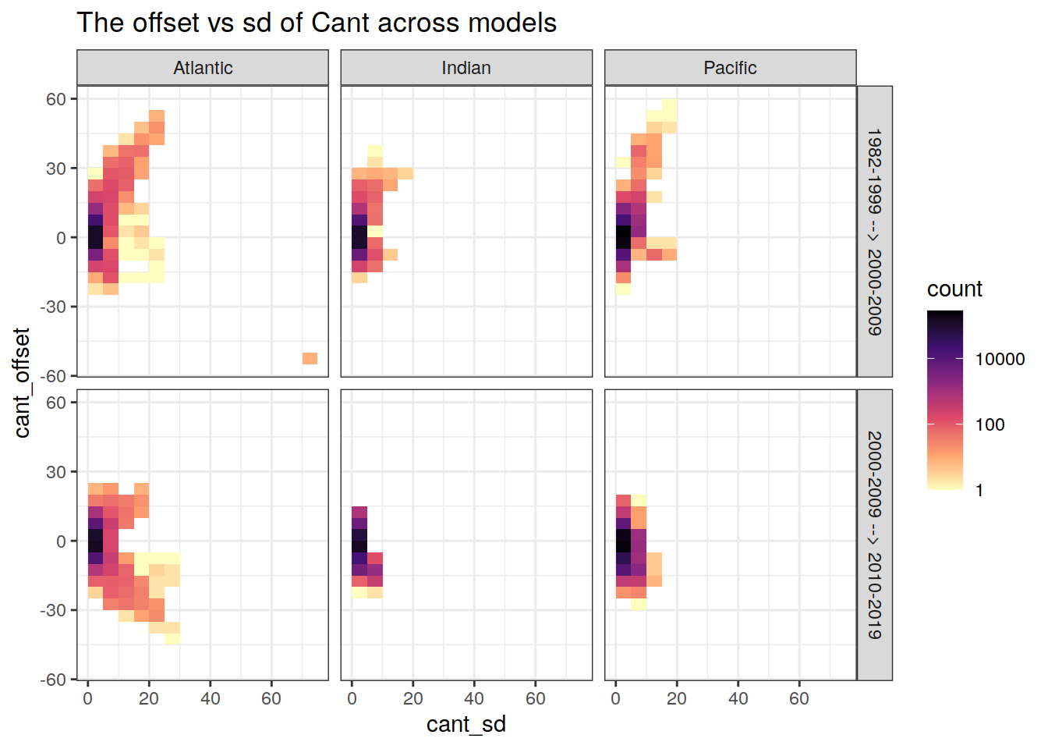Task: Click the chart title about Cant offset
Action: click(317, 23)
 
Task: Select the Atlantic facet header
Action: click(203, 68)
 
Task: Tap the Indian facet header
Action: click(466, 68)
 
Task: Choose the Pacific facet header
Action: click(730, 68)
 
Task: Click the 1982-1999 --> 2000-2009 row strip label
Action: click(874, 232)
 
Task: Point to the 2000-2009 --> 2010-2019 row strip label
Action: click(874, 534)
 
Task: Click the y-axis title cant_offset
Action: click(22, 382)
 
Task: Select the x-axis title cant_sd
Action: click(466, 724)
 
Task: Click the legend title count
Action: click(954, 289)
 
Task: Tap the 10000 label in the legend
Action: click(1000, 359)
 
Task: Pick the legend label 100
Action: click(990, 424)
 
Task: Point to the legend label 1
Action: click(979, 490)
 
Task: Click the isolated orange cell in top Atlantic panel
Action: click(310, 358)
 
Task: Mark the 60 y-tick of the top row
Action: click(56, 99)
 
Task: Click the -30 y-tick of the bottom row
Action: click(53, 610)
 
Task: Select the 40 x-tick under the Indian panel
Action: click(474, 698)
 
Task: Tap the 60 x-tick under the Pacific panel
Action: click(799, 698)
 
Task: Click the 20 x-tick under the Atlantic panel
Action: click(149, 698)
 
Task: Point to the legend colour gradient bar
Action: click(945, 399)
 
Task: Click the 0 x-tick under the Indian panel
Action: click(352, 698)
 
